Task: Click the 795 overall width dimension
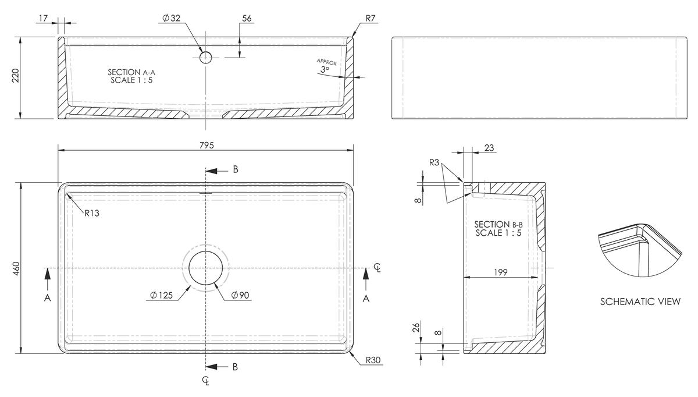click(x=206, y=146)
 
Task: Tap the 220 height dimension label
click(x=16, y=76)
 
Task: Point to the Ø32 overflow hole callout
click(x=172, y=18)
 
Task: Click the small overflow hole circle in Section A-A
click(x=205, y=58)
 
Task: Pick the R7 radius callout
click(x=371, y=19)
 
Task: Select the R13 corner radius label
click(x=92, y=213)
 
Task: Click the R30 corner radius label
click(x=373, y=360)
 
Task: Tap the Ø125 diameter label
click(x=162, y=295)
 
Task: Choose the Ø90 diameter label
click(x=240, y=295)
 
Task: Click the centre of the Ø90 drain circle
click(x=206, y=268)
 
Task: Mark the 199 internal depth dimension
click(x=501, y=272)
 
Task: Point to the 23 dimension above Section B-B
click(x=489, y=148)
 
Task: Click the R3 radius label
click(x=434, y=162)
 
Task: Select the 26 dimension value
click(x=416, y=328)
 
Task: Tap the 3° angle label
click(x=325, y=70)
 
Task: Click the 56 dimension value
click(x=247, y=19)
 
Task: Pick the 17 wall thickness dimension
click(x=43, y=19)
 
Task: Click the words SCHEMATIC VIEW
click(x=640, y=302)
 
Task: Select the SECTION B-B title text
click(x=498, y=225)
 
